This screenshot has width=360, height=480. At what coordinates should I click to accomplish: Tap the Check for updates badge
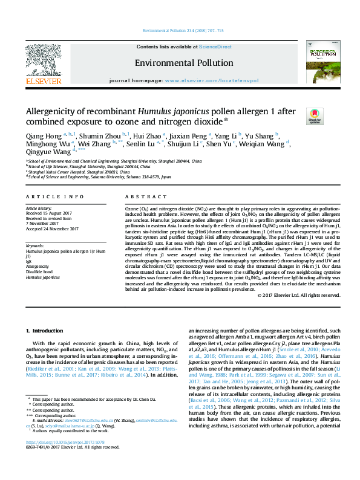pos(297,115)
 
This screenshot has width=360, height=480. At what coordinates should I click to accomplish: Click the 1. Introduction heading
pos(47,331)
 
